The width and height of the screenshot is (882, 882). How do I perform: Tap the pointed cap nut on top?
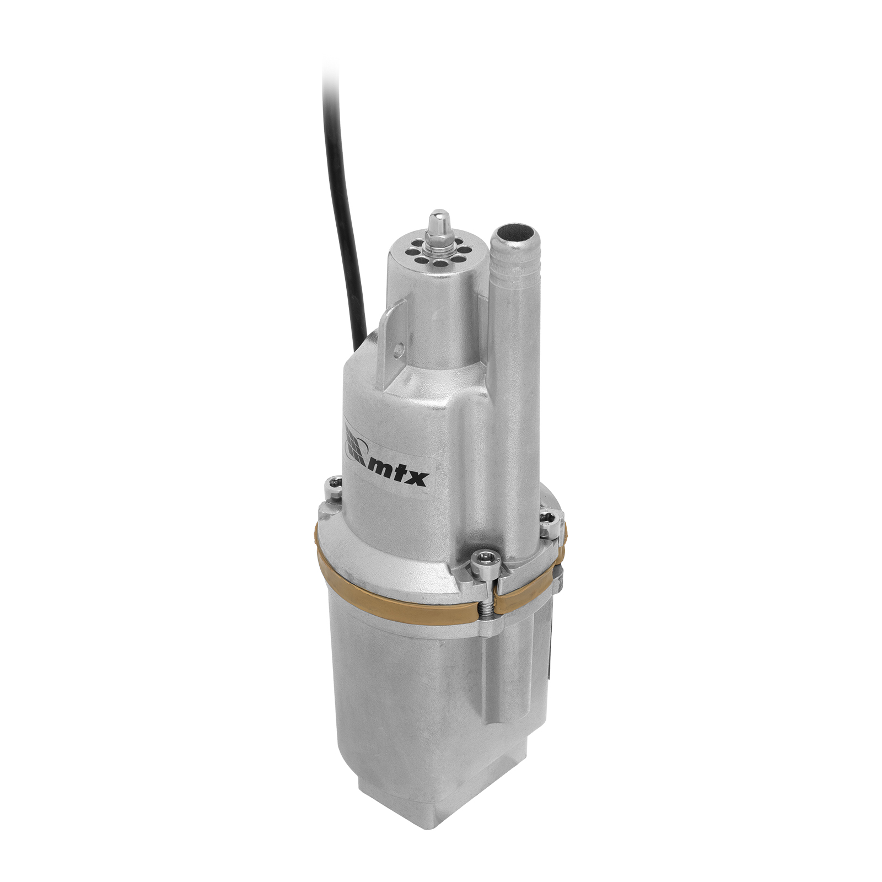pos(439,221)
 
